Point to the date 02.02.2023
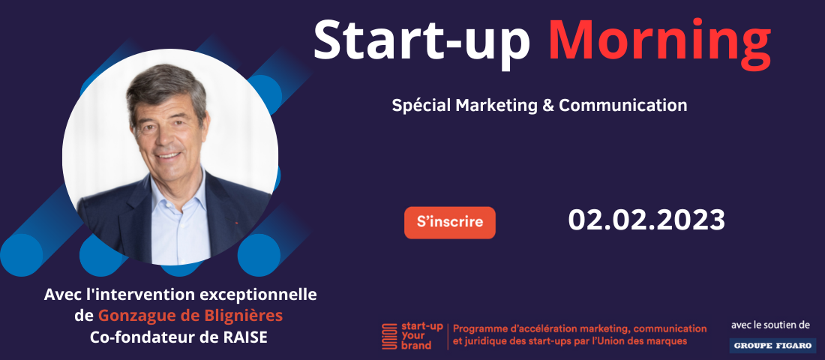[x=646, y=220]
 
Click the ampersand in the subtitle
[x=547, y=105]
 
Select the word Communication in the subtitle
[x=623, y=105]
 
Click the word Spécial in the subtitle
[x=421, y=106]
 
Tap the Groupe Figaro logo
[x=772, y=345]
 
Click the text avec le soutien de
[x=770, y=325]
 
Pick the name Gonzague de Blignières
[x=190, y=316]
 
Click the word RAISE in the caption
[x=247, y=337]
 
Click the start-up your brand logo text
[x=415, y=336]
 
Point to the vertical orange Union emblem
[x=389, y=336]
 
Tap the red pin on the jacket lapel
[x=236, y=223]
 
